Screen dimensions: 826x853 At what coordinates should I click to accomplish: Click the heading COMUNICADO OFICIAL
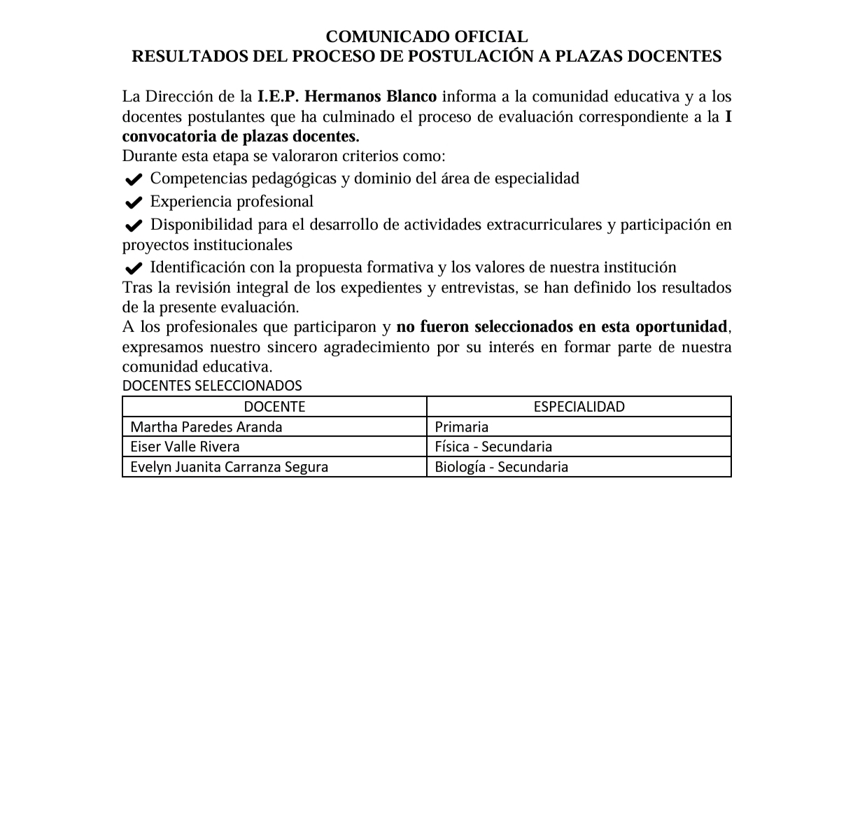[x=426, y=36]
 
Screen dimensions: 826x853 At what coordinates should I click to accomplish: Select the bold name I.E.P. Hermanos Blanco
[x=347, y=96]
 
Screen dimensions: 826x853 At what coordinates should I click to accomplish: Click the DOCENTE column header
[x=274, y=407]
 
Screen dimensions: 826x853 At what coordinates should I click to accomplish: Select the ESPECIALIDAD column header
[x=579, y=407]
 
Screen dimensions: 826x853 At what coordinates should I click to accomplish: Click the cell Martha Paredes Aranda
[x=206, y=427]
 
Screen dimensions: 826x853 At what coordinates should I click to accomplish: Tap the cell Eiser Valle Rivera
[x=185, y=447]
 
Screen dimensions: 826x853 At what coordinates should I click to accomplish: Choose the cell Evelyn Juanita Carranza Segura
[x=229, y=467]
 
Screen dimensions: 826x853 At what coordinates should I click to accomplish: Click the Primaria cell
[x=461, y=427]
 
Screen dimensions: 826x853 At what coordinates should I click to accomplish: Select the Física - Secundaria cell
[x=493, y=447]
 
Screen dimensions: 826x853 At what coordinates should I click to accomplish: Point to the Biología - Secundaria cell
[x=501, y=467]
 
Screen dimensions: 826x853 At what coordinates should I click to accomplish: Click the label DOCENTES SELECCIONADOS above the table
[x=212, y=386]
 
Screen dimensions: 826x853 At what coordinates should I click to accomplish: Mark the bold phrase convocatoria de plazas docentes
[x=241, y=136]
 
